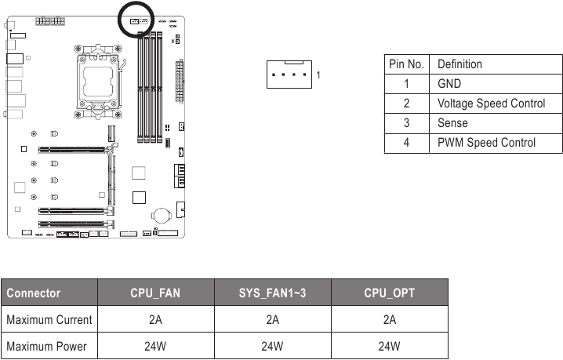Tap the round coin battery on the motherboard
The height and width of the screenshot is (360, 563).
click(162, 214)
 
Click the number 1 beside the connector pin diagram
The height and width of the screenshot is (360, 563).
click(318, 75)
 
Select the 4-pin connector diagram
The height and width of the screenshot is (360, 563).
click(288, 75)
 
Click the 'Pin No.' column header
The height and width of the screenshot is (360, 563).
click(407, 64)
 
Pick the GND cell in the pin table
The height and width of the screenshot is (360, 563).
click(449, 83)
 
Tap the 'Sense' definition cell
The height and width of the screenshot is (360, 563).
click(452, 123)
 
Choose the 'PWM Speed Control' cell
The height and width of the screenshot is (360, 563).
click(486, 143)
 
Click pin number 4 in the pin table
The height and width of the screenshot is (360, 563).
click(407, 143)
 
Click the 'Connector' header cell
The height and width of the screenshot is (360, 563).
click(34, 293)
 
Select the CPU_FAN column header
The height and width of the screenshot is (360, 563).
click(155, 293)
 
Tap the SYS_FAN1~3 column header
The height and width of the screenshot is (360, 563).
click(272, 293)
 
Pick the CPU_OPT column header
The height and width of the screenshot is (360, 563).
click(390, 293)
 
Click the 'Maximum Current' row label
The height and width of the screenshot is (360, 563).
click(49, 320)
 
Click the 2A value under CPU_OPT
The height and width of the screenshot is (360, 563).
click(390, 320)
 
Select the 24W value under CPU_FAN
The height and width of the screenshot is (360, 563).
click(155, 346)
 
